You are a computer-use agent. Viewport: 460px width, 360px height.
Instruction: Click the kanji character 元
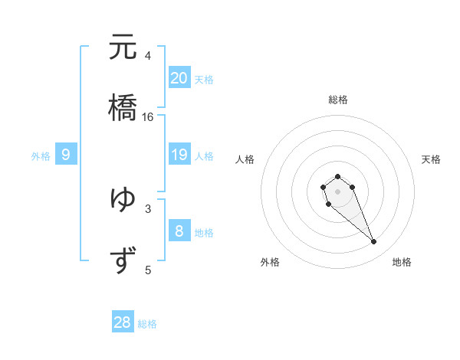(123, 48)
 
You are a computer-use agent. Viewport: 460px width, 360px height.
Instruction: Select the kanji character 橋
(123, 107)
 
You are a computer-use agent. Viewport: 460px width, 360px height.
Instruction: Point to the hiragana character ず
(123, 260)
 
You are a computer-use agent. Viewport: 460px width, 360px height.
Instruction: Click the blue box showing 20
(179, 77)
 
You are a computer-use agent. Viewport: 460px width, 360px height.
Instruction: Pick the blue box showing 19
(179, 155)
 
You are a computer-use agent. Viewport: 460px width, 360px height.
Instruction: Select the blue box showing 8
(179, 231)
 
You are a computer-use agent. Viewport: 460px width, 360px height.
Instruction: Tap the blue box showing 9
(66, 155)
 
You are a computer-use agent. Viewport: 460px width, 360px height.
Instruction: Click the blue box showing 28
(123, 322)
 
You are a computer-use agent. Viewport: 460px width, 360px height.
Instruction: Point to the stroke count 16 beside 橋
(148, 117)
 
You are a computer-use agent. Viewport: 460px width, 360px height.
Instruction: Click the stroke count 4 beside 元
(148, 56)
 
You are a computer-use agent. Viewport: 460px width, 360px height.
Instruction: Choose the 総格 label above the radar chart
(338, 100)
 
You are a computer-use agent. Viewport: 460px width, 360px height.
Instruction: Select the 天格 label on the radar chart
(431, 159)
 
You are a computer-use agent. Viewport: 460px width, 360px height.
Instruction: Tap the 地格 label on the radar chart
(402, 262)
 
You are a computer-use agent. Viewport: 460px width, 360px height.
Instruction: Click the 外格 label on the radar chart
(270, 262)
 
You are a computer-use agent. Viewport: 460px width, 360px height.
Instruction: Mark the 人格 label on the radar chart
(245, 159)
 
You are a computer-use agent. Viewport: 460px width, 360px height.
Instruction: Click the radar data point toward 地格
(374, 242)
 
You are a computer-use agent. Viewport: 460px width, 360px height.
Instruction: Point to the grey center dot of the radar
(337, 191)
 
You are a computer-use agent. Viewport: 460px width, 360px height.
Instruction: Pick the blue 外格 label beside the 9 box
(41, 156)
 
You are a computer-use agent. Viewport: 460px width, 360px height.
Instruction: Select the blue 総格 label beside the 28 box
(147, 324)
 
